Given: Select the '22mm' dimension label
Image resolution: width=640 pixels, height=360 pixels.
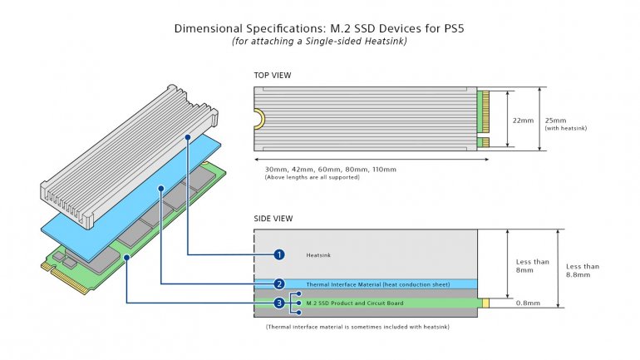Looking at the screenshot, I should [523, 120].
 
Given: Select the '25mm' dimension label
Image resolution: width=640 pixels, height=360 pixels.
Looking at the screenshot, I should [556, 116].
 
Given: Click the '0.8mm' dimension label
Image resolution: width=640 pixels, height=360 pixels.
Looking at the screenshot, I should [526, 303].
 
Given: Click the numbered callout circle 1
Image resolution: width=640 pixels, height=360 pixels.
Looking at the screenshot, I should [280, 254].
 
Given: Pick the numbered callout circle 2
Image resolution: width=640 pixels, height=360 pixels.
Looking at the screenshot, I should [280, 284].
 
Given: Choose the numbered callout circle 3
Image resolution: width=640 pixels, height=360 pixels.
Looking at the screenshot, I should [280, 303].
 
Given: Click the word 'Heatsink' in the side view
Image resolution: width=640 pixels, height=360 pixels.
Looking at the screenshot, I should [319, 254].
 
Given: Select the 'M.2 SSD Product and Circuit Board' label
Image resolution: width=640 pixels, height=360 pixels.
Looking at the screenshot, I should [355, 303].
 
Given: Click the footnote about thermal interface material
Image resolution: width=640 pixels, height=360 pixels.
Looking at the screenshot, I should [357, 328].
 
